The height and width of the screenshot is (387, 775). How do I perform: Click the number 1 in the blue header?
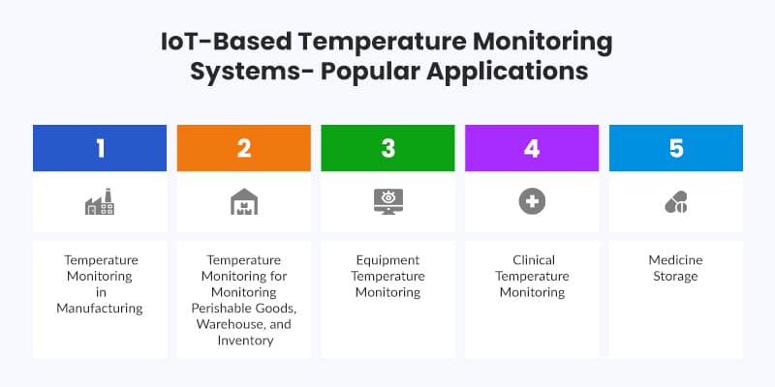[100, 148]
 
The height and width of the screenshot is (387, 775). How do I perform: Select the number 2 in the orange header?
[244, 148]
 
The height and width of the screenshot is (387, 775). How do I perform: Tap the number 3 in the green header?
[387, 148]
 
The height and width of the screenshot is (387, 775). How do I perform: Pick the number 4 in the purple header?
[532, 148]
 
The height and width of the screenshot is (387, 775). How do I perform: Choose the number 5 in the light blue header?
[676, 148]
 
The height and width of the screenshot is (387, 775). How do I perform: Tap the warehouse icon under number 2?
[244, 201]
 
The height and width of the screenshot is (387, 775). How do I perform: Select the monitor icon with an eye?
[387, 201]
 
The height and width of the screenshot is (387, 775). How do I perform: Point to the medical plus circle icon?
[532, 201]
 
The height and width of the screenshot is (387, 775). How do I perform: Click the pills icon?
[676, 202]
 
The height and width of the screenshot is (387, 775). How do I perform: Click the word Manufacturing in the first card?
[100, 309]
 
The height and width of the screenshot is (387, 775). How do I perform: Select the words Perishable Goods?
[244, 309]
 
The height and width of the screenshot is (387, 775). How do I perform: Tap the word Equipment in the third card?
[387, 260]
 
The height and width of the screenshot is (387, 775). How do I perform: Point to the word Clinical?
[532, 260]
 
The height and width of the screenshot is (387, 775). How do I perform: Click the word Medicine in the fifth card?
[676, 260]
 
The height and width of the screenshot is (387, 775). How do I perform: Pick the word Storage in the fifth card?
[676, 277]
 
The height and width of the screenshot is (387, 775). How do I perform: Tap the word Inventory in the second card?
[244, 342]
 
